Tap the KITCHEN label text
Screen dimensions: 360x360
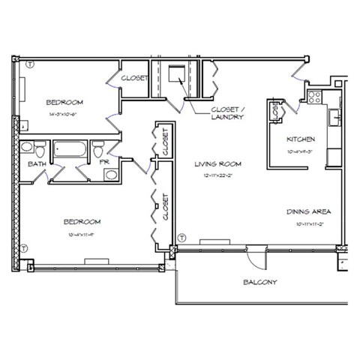(x=301, y=139)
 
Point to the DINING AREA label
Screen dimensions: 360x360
(x=308, y=211)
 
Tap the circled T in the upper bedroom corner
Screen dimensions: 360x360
(x=29, y=65)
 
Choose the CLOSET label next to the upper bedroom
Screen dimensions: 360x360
(x=134, y=77)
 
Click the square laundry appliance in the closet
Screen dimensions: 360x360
(x=177, y=73)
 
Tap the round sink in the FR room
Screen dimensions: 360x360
(x=110, y=175)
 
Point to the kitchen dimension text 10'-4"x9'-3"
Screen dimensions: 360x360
(x=301, y=151)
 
